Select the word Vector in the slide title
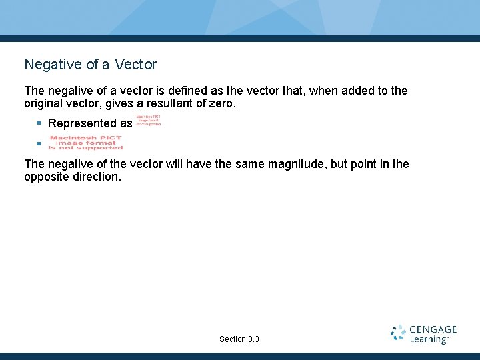click(x=135, y=65)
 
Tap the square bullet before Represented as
click(x=39, y=123)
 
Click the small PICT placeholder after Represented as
click(x=148, y=120)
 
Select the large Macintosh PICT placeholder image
click(x=86, y=143)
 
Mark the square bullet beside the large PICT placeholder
click(x=39, y=143)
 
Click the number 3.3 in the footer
click(x=253, y=339)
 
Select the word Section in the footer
click(x=232, y=339)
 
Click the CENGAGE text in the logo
click(x=433, y=329)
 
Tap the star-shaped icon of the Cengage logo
click(x=399, y=333)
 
